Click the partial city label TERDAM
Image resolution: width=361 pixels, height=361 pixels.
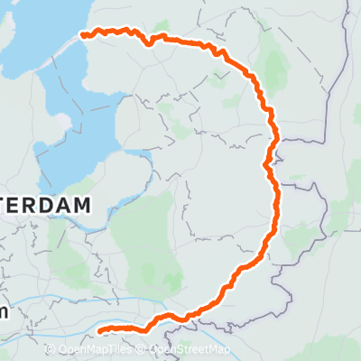coord(45,206)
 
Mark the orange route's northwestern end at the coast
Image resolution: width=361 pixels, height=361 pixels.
coord(84,35)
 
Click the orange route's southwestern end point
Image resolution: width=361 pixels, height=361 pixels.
coord(99,330)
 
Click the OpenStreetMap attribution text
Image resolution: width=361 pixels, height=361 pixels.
coord(190,349)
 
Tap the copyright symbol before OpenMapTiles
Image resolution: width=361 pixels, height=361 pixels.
coord(52,349)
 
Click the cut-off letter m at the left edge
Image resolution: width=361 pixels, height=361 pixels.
coord(4,312)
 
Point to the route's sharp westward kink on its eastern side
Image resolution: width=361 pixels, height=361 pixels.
coord(265,164)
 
